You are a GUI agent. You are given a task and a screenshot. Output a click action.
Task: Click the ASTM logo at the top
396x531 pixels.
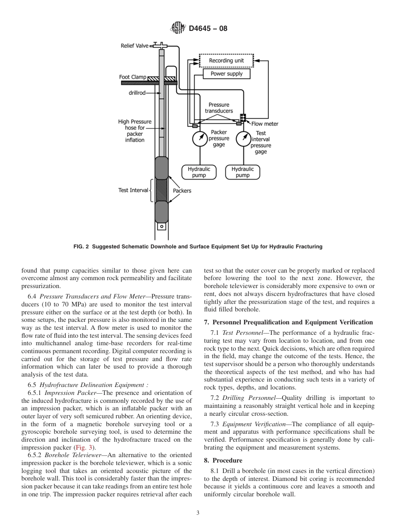(x=178, y=28)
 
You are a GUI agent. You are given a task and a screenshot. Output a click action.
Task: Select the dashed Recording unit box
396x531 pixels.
(x=226, y=61)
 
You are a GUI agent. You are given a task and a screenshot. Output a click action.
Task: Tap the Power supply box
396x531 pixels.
(x=226, y=74)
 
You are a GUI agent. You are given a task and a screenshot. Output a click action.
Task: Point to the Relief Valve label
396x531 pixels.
(x=135, y=46)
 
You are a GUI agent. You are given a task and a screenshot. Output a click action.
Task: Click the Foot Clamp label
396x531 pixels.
(x=133, y=77)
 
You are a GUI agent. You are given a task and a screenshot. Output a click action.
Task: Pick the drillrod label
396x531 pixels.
(x=137, y=93)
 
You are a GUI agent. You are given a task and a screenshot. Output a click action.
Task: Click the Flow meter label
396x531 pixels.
(x=265, y=124)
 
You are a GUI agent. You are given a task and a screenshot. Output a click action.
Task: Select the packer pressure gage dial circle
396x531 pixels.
(x=200, y=139)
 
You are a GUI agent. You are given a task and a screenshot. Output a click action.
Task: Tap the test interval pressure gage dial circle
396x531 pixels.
(x=244, y=139)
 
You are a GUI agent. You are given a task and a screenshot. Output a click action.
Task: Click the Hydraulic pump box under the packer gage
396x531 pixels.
(x=199, y=172)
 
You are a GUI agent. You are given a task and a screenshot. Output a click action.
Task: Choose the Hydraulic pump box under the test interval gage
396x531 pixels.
(x=243, y=172)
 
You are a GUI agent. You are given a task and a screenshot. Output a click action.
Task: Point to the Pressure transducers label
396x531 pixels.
(x=219, y=108)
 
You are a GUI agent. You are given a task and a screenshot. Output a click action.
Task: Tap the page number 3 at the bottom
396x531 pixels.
(x=198, y=513)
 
